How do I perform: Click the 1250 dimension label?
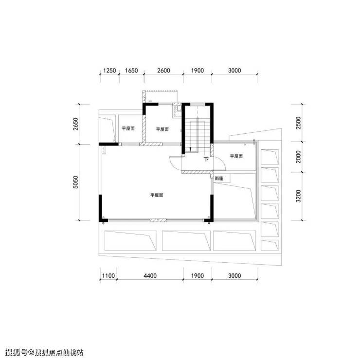tap(109, 71)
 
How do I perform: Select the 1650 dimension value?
tap(131, 71)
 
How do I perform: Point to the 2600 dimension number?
tap(163, 71)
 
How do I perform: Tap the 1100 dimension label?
tap(108, 275)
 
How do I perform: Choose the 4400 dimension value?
tap(150, 275)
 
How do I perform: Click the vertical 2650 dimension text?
tap(75, 124)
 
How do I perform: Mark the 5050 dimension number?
tap(75, 182)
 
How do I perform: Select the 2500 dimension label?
tap(298, 123)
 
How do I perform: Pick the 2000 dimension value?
tap(298, 157)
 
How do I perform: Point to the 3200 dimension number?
tap(298, 196)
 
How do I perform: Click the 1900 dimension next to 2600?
tap(198, 71)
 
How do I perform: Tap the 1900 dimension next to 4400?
tap(198, 275)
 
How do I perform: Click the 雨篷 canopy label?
tap(219, 179)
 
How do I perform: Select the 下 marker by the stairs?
tap(206, 159)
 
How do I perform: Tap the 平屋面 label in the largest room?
tap(157, 195)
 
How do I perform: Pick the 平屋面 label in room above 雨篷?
tap(236, 156)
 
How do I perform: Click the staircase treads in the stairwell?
tap(198, 135)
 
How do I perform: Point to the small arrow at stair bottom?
tap(190, 149)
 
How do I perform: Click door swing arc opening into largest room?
tap(172, 164)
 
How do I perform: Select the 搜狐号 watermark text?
tap(16, 352)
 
